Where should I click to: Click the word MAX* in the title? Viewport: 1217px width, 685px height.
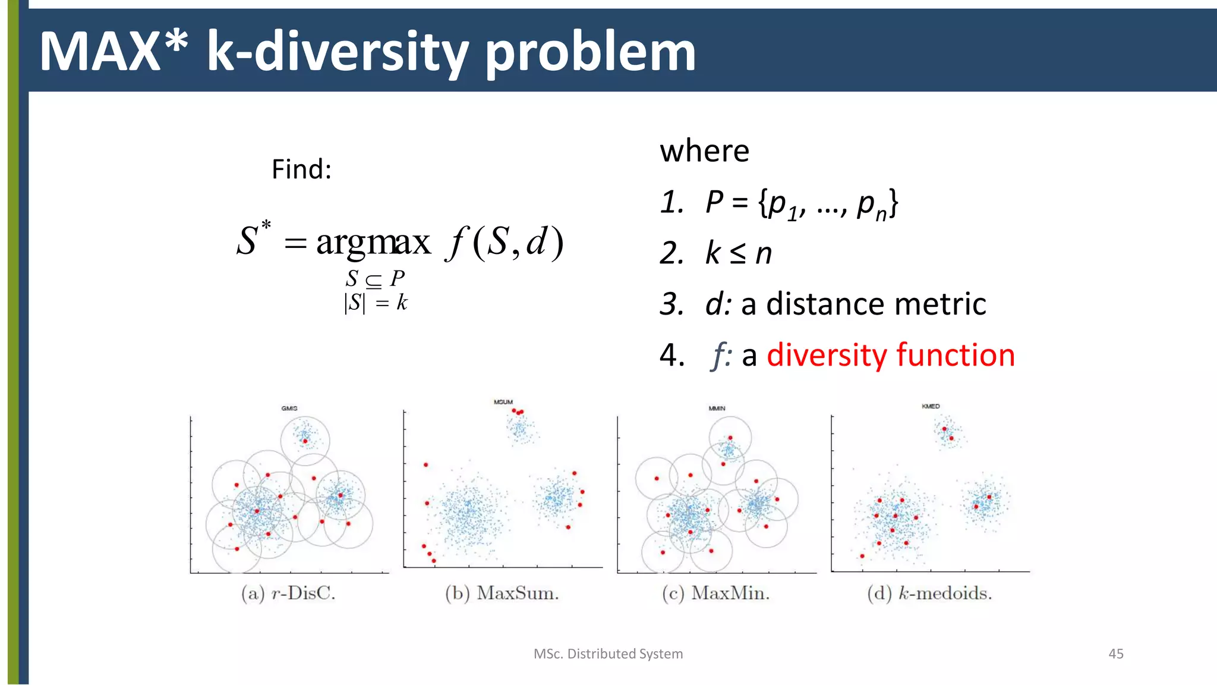point(113,52)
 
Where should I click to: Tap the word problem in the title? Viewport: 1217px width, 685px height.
point(590,52)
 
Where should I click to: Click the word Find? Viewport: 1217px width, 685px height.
point(301,169)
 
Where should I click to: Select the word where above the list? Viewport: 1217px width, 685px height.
point(704,151)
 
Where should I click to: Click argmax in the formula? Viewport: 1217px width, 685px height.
point(373,242)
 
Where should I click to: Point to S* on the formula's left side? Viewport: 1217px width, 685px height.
point(253,240)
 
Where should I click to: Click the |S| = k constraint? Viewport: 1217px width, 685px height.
point(376,303)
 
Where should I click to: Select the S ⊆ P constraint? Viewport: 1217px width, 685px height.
point(375,278)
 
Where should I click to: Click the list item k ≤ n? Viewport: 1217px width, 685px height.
point(738,253)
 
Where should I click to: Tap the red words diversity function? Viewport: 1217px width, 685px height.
point(890,355)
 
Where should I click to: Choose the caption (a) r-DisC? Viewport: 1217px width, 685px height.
point(288,593)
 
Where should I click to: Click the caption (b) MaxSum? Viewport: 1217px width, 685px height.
point(502,593)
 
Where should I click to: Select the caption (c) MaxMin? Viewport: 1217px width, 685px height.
point(715,593)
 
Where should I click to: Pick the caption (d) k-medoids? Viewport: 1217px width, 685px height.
point(929,593)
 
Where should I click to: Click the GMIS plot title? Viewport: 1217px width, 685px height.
point(289,408)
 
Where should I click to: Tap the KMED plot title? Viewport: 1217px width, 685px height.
point(931,406)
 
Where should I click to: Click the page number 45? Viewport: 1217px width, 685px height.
point(1115,653)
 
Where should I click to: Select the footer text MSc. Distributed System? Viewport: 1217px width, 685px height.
point(608,653)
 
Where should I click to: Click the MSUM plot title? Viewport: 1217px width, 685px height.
point(503,402)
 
